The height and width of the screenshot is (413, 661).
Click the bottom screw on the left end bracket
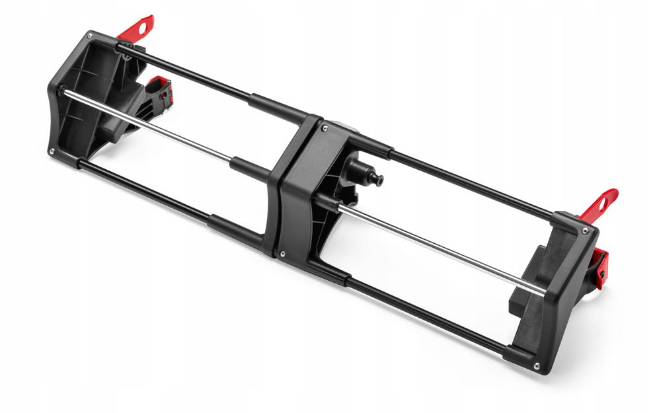52,151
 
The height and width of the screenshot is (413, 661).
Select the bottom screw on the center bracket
282,253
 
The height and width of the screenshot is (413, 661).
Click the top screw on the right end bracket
584,230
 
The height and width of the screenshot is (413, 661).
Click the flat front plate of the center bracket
297,192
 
